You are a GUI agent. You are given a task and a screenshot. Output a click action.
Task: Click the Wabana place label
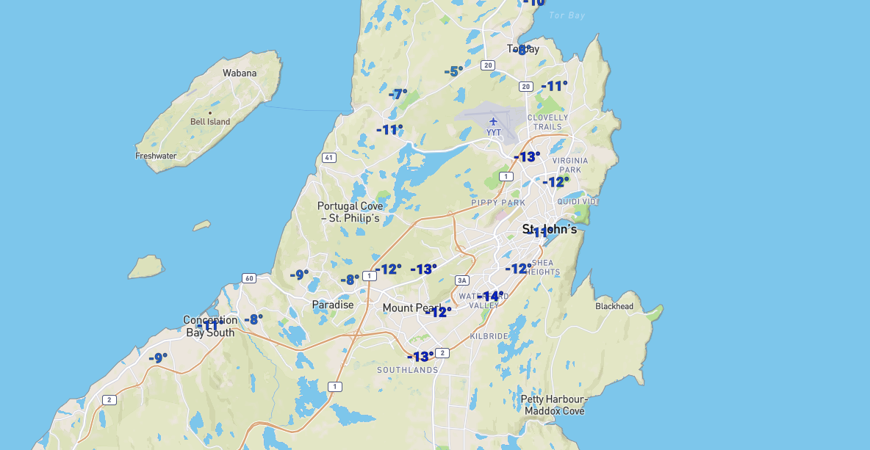pos(240,73)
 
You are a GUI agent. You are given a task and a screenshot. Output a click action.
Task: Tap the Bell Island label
pos(210,122)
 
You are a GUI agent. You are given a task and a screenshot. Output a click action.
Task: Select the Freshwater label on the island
pos(156,156)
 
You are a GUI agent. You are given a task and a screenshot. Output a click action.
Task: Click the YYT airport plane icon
pos(493,121)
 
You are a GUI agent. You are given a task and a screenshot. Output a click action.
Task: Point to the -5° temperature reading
pos(453,71)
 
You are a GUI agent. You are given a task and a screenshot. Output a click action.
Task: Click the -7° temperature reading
pos(398,94)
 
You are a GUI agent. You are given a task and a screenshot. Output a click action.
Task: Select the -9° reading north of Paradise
pos(299,275)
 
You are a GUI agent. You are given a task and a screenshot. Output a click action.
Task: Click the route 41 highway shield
pos(328,158)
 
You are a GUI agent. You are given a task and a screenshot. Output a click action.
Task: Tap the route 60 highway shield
pos(249,278)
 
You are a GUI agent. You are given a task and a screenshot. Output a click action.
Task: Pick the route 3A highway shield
pos(461,280)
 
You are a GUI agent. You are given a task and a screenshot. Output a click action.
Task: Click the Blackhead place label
pos(614,306)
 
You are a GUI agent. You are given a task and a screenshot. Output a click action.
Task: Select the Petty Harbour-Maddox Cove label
pos(554,405)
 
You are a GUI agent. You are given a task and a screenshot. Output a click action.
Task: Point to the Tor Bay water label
pos(567,15)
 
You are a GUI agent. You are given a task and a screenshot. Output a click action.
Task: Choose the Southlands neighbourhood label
pos(407,370)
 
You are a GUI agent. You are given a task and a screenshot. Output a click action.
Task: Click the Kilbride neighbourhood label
pos(489,335)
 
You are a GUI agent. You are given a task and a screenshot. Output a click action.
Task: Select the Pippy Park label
pos(498,203)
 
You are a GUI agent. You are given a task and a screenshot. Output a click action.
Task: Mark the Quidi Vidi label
pos(578,201)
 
